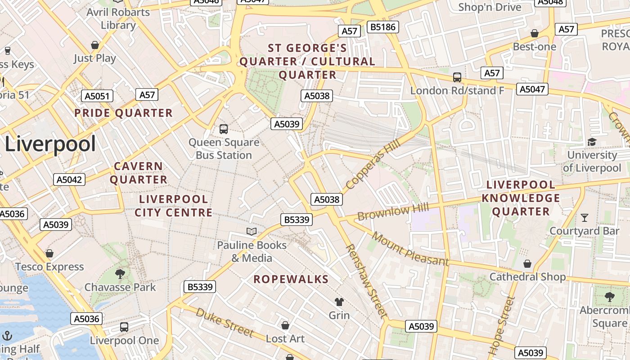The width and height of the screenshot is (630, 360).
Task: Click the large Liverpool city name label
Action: click(x=50, y=144)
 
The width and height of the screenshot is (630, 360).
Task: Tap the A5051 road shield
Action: click(x=97, y=96)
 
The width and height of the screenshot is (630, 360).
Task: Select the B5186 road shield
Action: click(x=382, y=27)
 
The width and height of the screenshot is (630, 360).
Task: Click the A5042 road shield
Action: click(x=69, y=180)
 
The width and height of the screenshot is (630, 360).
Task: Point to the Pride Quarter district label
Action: click(x=123, y=113)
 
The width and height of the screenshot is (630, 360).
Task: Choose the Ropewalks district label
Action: click(x=291, y=279)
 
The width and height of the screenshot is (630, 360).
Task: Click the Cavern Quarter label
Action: click(x=139, y=173)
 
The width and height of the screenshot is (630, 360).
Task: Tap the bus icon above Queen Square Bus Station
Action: click(x=224, y=129)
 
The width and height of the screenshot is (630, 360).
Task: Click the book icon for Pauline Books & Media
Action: click(x=252, y=231)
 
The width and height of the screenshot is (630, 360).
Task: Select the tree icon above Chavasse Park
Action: click(x=120, y=274)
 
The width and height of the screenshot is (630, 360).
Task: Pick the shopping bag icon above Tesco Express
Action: click(x=49, y=253)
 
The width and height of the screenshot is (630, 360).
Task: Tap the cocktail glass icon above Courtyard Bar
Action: click(x=585, y=218)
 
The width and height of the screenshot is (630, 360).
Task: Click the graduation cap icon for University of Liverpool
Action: click(x=592, y=142)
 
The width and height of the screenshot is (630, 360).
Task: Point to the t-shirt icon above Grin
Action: click(x=339, y=301)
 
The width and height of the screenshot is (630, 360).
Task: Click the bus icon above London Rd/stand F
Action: click(x=457, y=77)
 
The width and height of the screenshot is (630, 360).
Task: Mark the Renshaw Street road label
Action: click(x=366, y=281)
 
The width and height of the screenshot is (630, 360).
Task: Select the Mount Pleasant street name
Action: click(x=410, y=249)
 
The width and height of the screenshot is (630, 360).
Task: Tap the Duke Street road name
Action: click(x=225, y=323)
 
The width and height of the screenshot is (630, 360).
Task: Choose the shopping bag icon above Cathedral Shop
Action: click(x=527, y=263)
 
